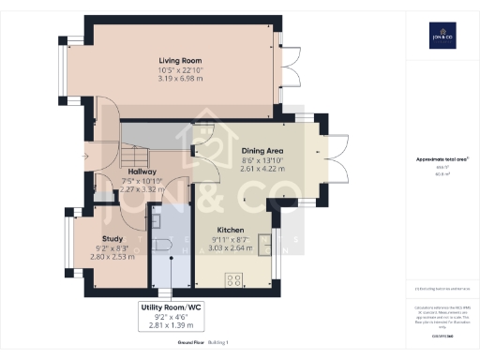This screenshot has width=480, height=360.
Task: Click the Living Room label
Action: (x=181, y=60)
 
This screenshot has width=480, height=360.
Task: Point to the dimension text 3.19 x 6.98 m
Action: (x=181, y=76)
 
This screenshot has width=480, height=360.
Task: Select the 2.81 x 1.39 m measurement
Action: (x=170, y=325)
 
